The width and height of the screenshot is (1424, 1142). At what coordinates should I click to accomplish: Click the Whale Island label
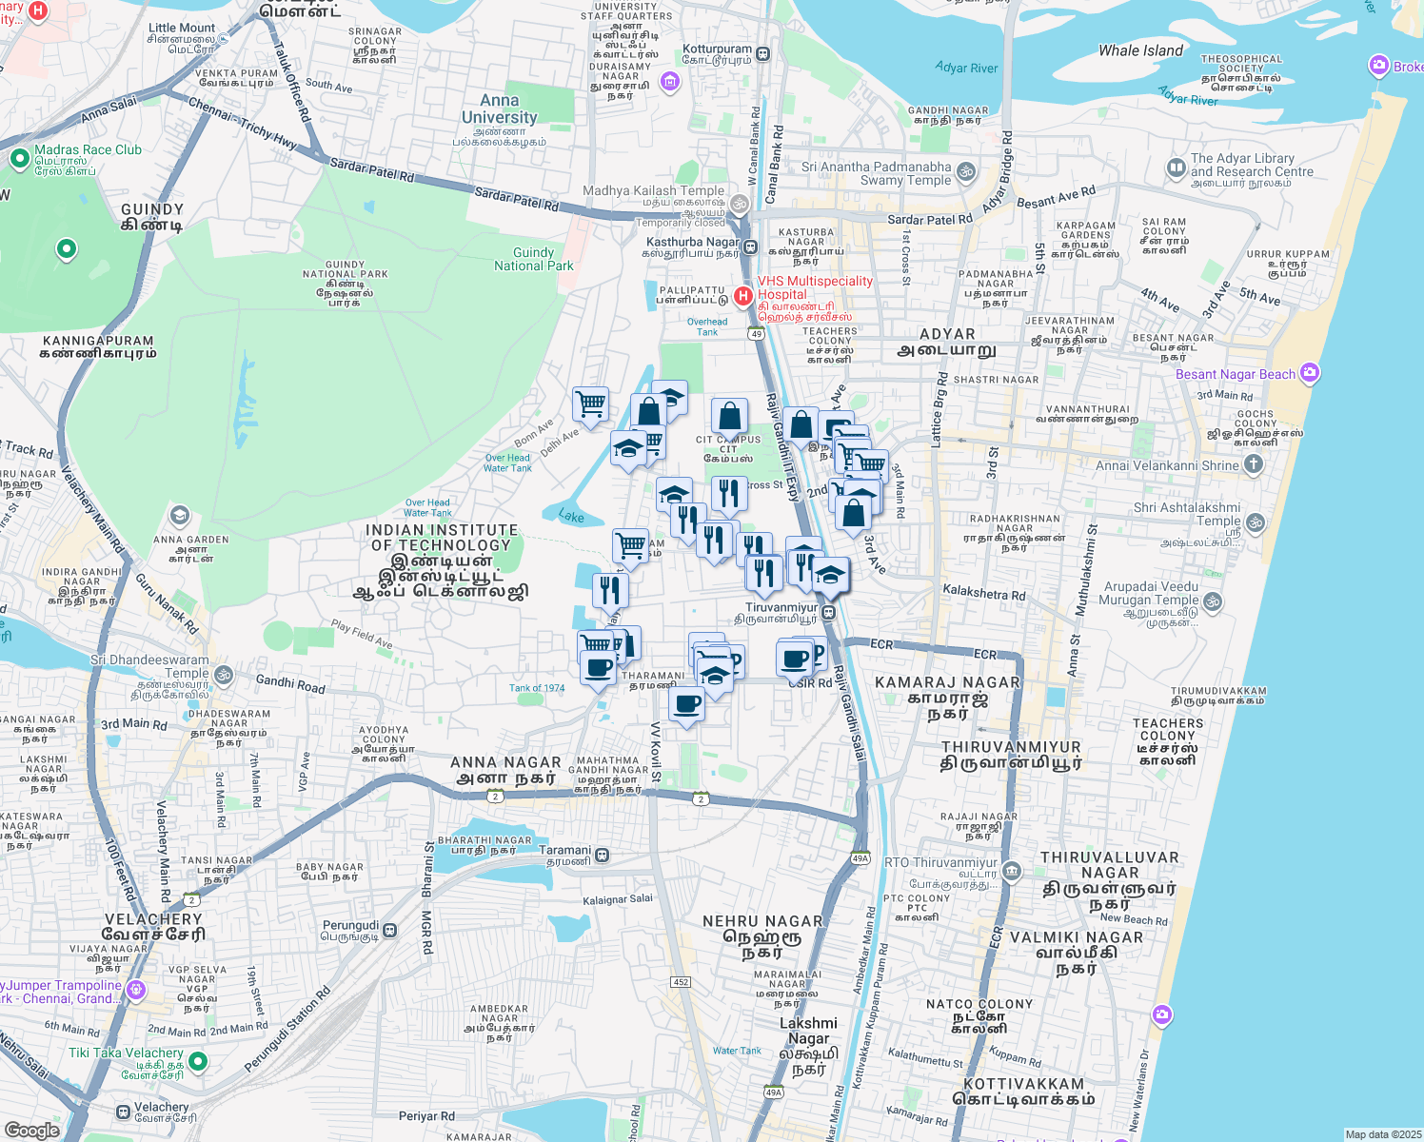click(1140, 50)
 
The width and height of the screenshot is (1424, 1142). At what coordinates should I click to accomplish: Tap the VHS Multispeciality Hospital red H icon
click(743, 296)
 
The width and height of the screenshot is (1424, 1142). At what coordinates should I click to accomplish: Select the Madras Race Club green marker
click(19, 159)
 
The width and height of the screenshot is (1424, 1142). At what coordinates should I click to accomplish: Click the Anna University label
click(499, 109)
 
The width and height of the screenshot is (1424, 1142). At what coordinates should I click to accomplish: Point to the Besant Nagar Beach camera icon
click(1310, 373)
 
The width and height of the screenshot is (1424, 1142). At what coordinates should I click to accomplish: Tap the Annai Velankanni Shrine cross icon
click(1254, 464)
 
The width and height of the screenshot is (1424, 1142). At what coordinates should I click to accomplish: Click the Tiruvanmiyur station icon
click(829, 613)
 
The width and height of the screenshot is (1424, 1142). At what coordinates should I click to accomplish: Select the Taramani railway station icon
click(603, 856)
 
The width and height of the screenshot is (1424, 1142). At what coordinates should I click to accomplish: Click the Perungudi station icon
click(389, 932)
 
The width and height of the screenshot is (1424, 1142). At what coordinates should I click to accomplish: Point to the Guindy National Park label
click(533, 259)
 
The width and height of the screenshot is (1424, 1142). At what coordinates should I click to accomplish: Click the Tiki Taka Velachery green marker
click(198, 1060)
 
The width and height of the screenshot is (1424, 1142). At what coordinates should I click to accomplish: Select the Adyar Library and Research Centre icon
click(1176, 167)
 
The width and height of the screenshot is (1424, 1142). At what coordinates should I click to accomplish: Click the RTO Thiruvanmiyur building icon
click(1012, 870)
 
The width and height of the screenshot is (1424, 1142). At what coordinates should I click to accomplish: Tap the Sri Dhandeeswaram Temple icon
click(224, 675)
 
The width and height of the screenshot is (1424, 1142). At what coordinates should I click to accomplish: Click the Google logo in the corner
click(31, 1130)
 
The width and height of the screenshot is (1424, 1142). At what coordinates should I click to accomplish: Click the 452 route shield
click(680, 981)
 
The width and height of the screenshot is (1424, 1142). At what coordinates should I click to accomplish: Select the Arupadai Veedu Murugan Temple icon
click(1213, 601)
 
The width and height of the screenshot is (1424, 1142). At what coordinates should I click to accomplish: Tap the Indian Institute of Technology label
click(442, 561)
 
